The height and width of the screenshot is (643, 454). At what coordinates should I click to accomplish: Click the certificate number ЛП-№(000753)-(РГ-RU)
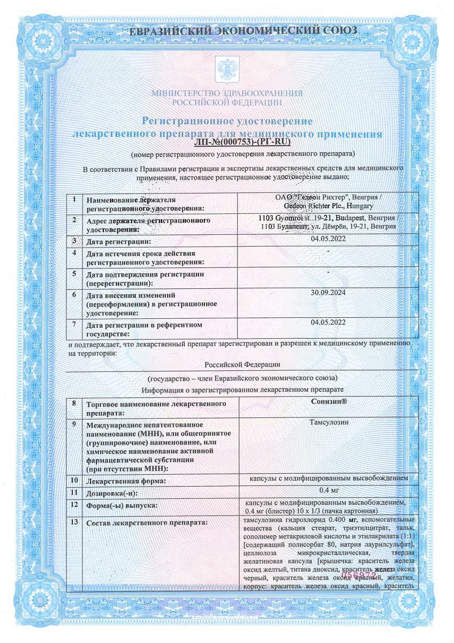coord(243,143)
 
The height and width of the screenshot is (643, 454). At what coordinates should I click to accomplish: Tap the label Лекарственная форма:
coord(125,481)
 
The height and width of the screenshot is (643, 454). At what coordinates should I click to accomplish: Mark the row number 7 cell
coord(74,324)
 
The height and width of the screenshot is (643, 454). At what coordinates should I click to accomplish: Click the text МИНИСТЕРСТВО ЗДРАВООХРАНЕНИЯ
coord(227,93)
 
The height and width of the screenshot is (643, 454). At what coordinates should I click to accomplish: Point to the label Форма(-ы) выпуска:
coord(121,506)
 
